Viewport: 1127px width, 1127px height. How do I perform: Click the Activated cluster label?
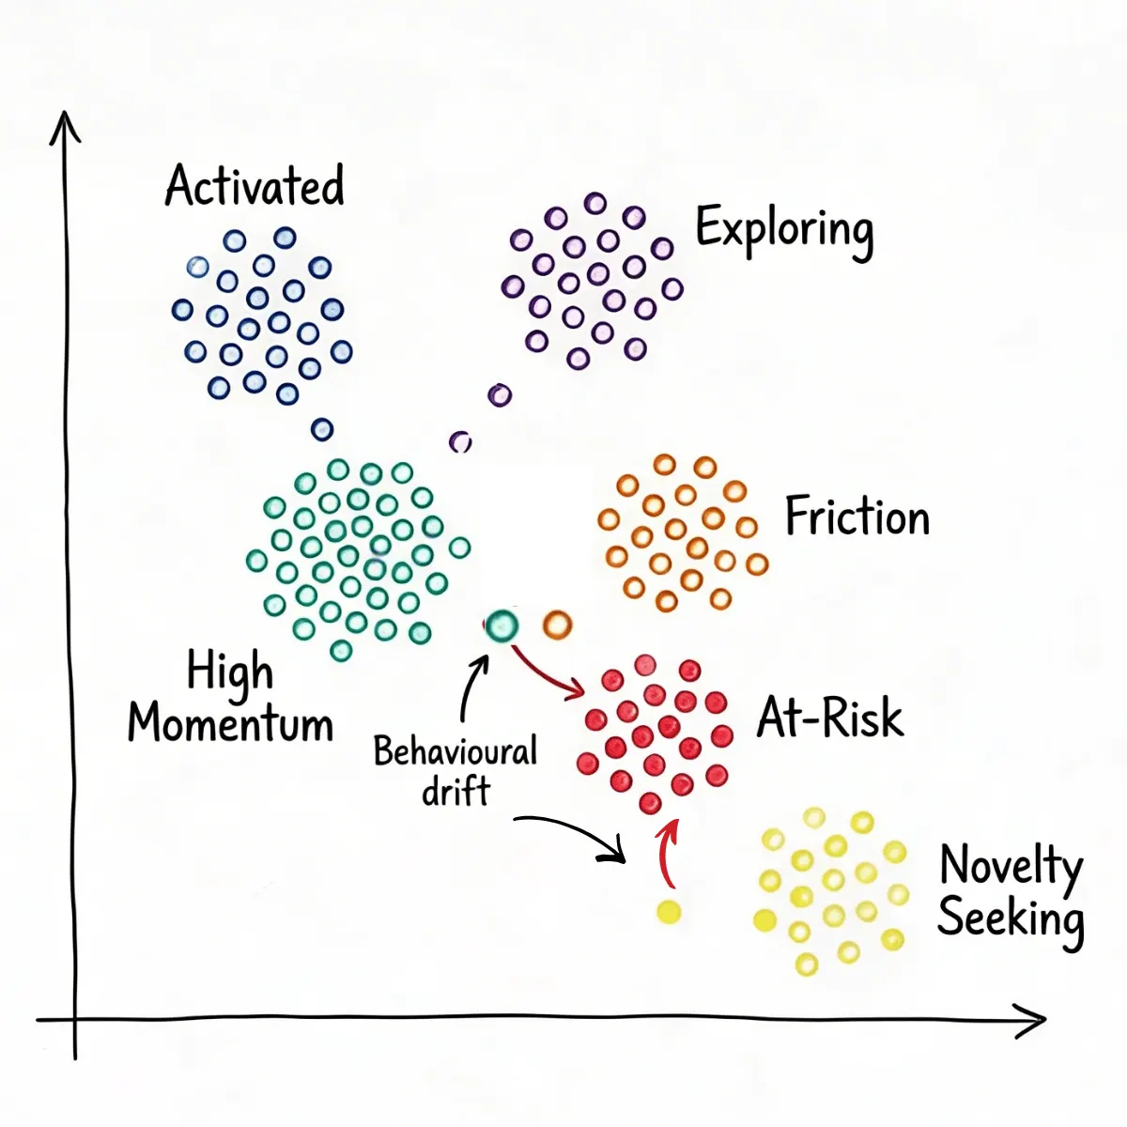coord(255,185)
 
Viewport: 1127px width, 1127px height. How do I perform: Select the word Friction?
coord(857,516)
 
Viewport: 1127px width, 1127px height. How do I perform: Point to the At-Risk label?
coord(830,718)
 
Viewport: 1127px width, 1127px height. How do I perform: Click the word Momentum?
coord(230,723)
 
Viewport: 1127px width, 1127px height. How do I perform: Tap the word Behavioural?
coord(455,751)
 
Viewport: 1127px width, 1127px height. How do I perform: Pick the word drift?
coord(455,792)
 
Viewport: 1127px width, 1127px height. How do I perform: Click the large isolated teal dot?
coord(502,625)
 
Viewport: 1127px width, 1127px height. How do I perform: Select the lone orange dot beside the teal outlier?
coord(557,625)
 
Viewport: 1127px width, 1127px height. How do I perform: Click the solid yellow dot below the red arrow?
coord(669,912)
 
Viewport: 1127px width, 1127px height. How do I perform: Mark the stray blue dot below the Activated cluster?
coord(322,429)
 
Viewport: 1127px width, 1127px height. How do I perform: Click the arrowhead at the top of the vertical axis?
coord(65,114)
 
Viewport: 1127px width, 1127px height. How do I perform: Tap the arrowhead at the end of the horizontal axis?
coord(1044,1019)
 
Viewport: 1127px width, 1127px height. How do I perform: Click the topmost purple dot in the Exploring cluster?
coord(594,203)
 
